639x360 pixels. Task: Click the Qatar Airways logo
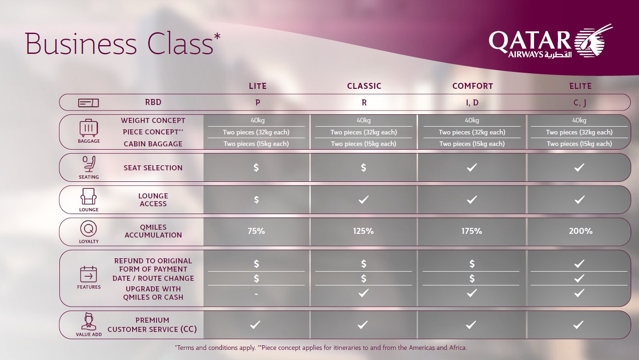point(551,42)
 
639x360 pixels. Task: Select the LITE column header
point(258,86)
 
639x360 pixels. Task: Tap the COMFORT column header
point(473,86)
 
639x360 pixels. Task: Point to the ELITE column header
point(581,86)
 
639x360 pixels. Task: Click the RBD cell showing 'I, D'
point(472,102)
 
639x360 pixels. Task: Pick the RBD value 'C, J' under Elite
point(580,103)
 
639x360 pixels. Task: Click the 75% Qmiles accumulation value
point(256,231)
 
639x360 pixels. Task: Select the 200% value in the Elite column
point(581,231)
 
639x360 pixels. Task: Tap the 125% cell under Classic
point(363,231)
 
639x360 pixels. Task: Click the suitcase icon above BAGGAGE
point(89,128)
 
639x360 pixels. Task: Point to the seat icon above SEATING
point(89,164)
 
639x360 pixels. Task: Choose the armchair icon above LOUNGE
point(88,197)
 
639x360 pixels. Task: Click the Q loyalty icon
point(88,228)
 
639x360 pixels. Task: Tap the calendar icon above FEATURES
point(88,274)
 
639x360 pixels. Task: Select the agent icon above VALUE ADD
point(89,321)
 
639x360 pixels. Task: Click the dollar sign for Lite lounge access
point(256,200)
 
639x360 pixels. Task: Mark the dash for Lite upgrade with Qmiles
point(256,294)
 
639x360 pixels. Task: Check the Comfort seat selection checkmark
point(472,168)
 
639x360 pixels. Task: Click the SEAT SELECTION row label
point(153,168)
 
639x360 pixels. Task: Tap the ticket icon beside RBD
point(88,103)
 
